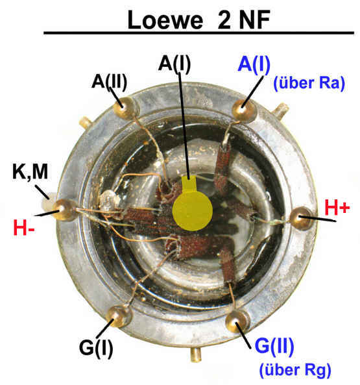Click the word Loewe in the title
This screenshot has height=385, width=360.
pyautogui.click(x=165, y=20)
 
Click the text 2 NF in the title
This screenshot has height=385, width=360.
pyautogui.click(x=243, y=19)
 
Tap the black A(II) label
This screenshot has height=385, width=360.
pyautogui.click(x=110, y=82)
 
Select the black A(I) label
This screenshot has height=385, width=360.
pyautogui.click(x=174, y=64)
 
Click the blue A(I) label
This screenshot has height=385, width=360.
pyautogui.click(x=254, y=64)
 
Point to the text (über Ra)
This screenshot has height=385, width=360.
pyautogui.click(x=309, y=83)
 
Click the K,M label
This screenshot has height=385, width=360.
pyautogui.click(x=30, y=171)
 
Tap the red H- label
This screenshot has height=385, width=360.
pyautogui.click(x=24, y=228)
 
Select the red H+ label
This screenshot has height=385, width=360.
pyautogui.click(x=337, y=208)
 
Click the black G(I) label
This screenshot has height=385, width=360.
pyautogui.click(x=96, y=348)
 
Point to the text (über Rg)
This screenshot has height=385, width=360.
pyautogui.click(x=295, y=370)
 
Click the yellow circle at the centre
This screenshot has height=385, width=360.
pyautogui.click(x=192, y=211)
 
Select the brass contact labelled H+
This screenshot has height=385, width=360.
pyautogui.click(x=301, y=218)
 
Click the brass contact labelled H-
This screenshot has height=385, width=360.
pyautogui.click(x=64, y=210)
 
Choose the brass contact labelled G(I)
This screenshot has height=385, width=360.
pyautogui.click(x=119, y=316)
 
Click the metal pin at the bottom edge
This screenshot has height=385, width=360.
pyautogui.click(x=196, y=354)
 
